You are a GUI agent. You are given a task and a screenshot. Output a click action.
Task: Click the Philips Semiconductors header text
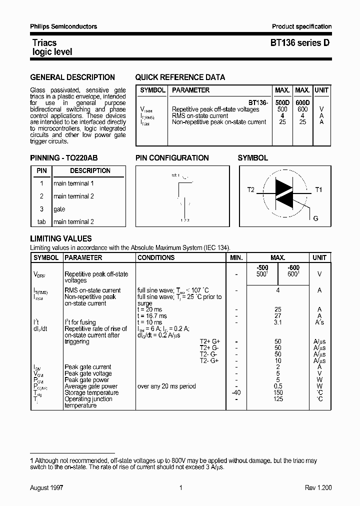point(64,26)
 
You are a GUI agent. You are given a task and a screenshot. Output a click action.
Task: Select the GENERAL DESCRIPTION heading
point(72,77)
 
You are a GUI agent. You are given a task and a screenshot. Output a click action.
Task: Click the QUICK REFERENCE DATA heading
point(180,77)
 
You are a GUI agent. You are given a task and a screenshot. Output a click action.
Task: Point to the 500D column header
point(282,102)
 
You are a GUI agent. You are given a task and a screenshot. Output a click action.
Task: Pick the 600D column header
point(302,102)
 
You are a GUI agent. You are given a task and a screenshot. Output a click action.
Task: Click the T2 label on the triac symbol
point(251,190)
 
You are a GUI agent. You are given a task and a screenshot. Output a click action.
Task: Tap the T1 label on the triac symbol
point(318,190)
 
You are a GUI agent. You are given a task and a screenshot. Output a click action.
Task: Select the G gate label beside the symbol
point(315,218)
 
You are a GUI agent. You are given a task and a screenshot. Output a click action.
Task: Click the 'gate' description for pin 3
point(59,209)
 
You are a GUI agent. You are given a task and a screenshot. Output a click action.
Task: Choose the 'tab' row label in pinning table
point(41,222)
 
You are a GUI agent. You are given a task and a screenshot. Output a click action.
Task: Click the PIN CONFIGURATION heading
point(172,158)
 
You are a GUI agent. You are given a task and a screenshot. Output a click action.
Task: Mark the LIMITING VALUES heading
point(61,239)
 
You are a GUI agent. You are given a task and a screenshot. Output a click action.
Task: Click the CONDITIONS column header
point(156,258)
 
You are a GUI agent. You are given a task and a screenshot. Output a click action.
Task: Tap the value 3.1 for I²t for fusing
point(278,322)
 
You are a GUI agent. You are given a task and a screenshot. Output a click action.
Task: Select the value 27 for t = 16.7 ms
point(278,316)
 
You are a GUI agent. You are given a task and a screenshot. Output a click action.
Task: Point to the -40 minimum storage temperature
point(236,392)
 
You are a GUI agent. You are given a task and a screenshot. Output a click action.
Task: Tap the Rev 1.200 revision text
point(318,487)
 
